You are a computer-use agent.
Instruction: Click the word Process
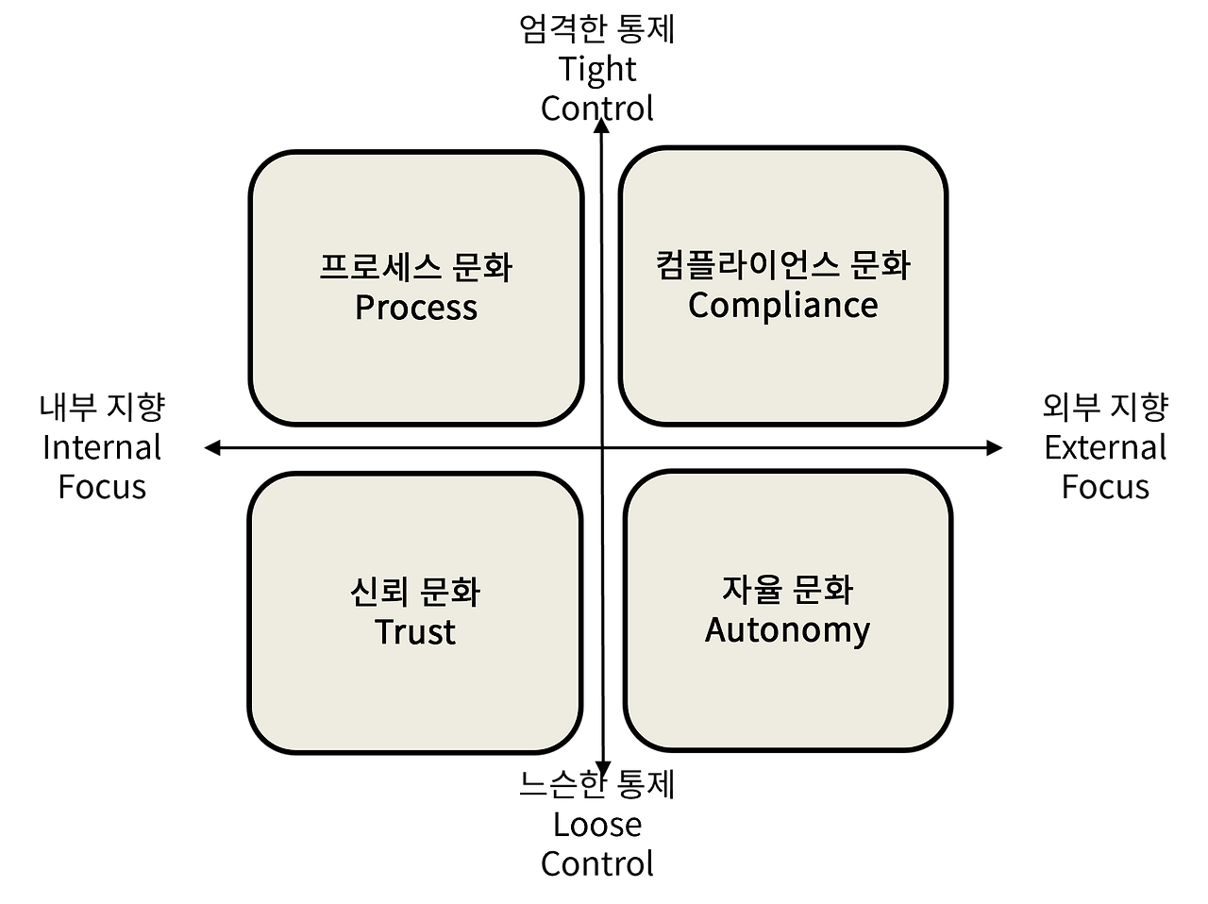pyautogui.click(x=416, y=308)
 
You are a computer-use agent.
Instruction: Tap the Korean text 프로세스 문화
pyautogui.click(x=416, y=267)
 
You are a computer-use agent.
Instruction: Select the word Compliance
pyautogui.click(x=783, y=305)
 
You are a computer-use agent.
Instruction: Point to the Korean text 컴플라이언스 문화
pyautogui.click(x=783, y=264)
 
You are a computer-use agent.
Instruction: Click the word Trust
pyautogui.click(x=415, y=631)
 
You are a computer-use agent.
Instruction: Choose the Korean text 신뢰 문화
pyautogui.click(x=415, y=592)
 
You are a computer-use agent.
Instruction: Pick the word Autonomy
pyautogui.click(x=787, y=629)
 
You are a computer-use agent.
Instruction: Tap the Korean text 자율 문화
pyautogui.click(x=787, y=589)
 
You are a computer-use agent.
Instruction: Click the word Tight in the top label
pyautogui.click(x=597, y=69)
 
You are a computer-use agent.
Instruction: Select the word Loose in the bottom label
pyautogui.click(x=597, y=824)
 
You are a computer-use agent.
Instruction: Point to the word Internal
pyautogui.click(x=102, y=446)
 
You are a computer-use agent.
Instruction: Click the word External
pyautogui.click(x=1105, y=446)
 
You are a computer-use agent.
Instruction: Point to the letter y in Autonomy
pyautogui.click(x=861, y=631)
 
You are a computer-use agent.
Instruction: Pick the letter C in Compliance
pyautogui.click(x=699, y=305)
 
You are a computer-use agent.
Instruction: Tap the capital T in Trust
pyautogui.click(x=385, y=631)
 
